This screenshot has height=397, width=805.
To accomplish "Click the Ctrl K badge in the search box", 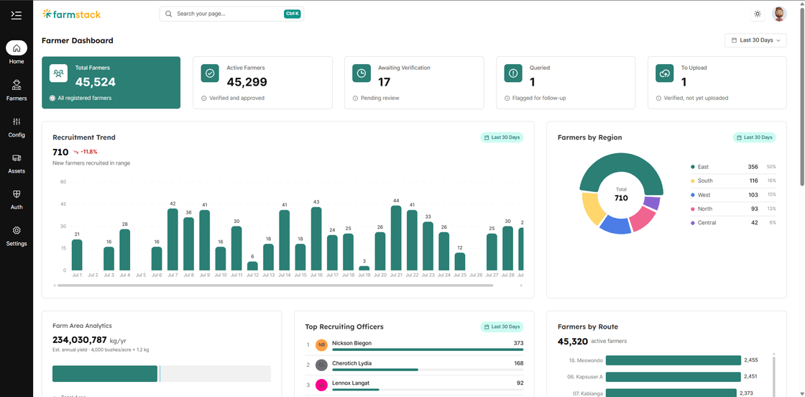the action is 292,14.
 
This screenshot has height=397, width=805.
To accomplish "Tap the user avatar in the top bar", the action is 779,14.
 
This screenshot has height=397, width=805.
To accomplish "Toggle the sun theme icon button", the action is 758,14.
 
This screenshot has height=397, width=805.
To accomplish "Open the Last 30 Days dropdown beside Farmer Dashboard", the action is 755,40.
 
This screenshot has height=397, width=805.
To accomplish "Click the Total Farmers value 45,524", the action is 96,82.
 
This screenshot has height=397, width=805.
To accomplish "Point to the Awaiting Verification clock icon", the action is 362,73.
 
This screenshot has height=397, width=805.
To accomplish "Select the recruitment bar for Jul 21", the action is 396,238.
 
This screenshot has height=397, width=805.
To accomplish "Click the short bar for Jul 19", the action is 364,268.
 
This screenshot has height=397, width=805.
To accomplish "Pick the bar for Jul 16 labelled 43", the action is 316,239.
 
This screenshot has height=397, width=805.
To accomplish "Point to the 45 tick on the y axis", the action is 63,204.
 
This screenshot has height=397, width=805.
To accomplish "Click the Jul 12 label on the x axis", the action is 252,275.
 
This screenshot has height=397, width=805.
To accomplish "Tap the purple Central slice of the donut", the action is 651,203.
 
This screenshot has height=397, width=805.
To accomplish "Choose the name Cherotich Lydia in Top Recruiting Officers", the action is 351,363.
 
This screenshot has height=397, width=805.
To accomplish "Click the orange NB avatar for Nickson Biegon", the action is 321,344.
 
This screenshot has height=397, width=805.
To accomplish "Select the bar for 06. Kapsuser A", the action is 673,377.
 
